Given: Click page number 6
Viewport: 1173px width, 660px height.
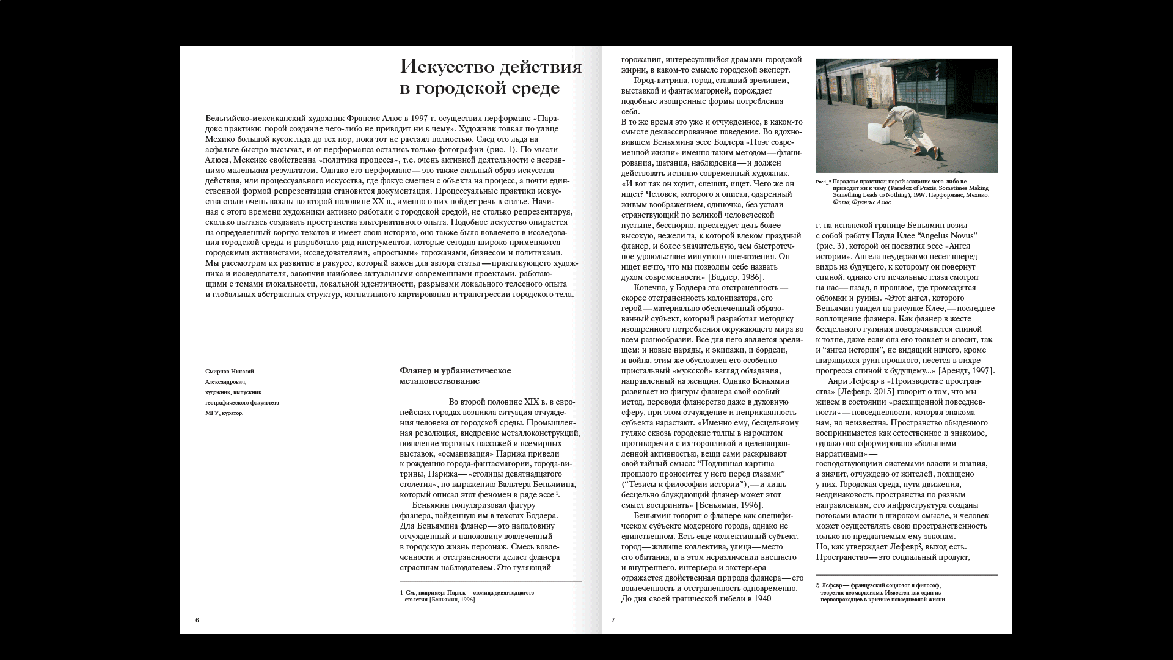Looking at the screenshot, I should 197,620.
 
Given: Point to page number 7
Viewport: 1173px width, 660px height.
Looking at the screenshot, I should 613,620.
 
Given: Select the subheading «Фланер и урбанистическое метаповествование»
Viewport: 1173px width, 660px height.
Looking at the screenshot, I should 455,376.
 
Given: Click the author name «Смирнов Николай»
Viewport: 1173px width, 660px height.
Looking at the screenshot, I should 230,372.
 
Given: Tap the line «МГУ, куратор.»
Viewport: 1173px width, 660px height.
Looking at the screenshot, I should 224,413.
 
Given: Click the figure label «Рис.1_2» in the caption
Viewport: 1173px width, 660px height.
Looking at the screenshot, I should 823,182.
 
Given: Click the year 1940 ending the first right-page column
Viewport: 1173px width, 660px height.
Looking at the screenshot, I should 758,599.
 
